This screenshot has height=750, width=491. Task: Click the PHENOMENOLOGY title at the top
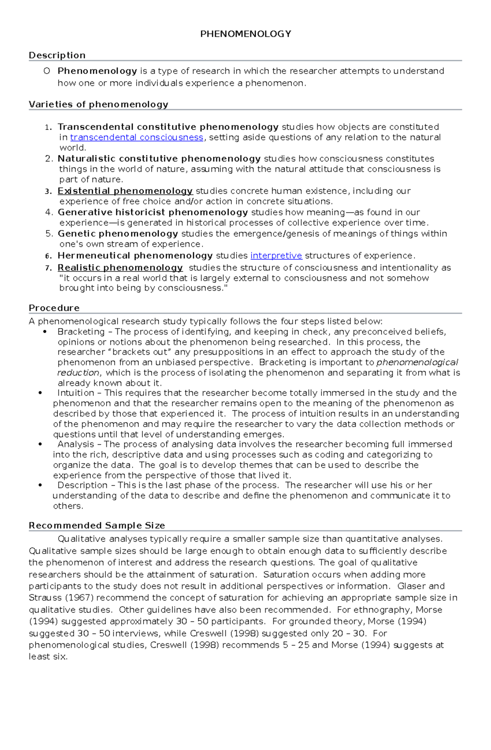coord(245,34)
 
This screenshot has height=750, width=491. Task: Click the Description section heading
coord(57,55)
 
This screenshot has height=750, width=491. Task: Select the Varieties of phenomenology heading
coord(98,104)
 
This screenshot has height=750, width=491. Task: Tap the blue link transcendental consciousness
coord(137,137)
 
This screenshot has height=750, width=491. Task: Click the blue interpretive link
coord(276,255)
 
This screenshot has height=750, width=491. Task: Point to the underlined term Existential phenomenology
coord(125,191)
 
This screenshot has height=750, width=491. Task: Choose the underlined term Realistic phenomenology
coord(120,268)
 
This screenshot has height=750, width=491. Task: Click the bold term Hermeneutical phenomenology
coord(135,255)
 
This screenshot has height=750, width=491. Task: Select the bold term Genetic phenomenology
coord(118,233)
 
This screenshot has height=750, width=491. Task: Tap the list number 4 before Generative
coord(49,212)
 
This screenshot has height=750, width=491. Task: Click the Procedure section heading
coord(54,308)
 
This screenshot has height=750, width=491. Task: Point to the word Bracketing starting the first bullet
coord(81,331)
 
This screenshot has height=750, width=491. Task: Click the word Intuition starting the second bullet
coord(76,393)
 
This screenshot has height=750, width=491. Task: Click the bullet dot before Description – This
coord(40,485)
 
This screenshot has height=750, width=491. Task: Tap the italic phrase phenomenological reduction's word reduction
coord(78,373)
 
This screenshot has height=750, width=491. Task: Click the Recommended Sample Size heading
coord(97,525)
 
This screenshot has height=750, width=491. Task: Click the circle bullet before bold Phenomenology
coord(47,71)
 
